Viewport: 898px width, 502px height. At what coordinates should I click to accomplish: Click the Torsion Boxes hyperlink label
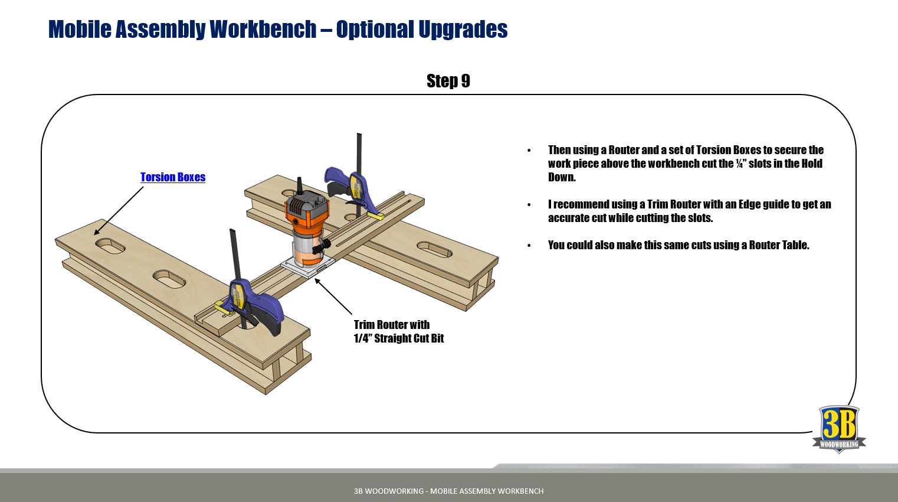(x=173, y=177)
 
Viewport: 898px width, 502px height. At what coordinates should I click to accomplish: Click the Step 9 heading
(x=448, y=81)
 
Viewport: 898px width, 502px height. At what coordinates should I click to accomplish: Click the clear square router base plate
(x=307, y=266)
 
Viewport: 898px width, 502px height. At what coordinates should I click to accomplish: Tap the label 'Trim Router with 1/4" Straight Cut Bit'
(x=398, y=331)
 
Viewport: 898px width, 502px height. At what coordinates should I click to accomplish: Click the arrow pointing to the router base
(x=333, y=296)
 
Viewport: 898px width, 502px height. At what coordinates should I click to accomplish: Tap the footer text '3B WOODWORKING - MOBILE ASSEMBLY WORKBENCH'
(x=448, y=491)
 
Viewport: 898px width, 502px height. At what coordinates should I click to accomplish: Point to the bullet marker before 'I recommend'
(x=529, y=205)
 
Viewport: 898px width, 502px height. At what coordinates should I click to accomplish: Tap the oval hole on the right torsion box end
(x=434, y=249)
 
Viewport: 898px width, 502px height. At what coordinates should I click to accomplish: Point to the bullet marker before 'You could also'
(x=529, y=246)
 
